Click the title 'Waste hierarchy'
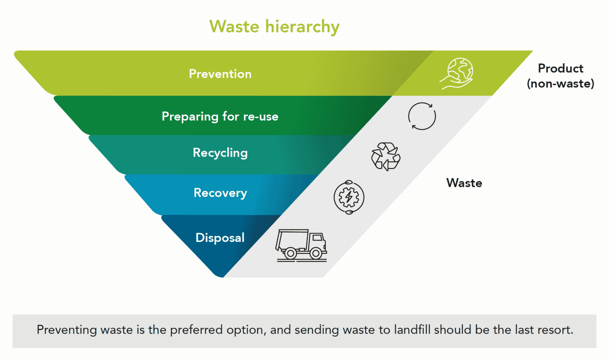pos(274,27)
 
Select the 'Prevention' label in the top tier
pos(220,74)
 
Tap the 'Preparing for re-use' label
pos(220,116)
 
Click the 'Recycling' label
pos(220,153)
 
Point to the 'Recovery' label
pos(220,193)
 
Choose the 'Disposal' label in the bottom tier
pos(220,237)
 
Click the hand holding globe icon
pos(457,73)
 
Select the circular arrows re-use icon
pos(422,116)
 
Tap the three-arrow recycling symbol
pos(385,157)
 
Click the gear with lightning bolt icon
pos(349,197)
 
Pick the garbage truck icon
pos(301,245)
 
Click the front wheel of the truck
pos(316,253)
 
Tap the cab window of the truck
pos(318,238)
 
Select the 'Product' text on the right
pos(560,69)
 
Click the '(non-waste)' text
pos(560,84)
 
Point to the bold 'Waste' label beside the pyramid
pos(464,183)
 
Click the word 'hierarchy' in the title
pos(302,27)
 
